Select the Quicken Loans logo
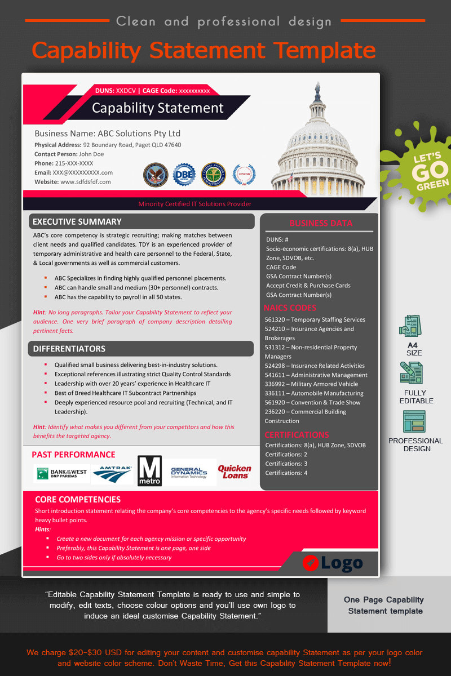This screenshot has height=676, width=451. coord(235,472)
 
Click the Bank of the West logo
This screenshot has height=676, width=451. coord(61,473)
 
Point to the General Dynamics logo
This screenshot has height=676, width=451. coord(189,472)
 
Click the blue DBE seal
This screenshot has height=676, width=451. coord(184,175)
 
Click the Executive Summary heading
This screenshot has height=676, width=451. coord(77,222)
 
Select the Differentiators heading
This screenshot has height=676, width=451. coord(69,349)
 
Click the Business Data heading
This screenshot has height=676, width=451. coord(321,223)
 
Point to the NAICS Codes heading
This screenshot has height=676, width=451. coord(290,308)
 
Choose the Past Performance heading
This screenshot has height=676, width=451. coord(73,455)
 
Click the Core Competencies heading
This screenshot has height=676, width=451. coord(78,499)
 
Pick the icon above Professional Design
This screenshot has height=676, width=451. coord(414,421)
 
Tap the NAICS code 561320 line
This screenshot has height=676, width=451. coord(315,320)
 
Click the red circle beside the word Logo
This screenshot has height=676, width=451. coord(310,562)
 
